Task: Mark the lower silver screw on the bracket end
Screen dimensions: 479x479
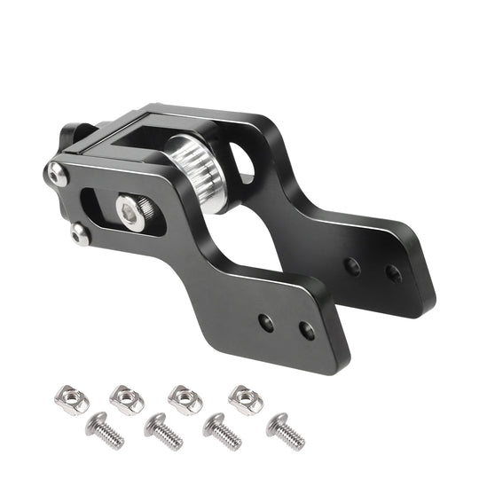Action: tap(81, 234)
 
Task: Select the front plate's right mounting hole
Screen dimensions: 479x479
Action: tap(307, 331)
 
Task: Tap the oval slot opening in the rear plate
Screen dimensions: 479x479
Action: tap(242, 163)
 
